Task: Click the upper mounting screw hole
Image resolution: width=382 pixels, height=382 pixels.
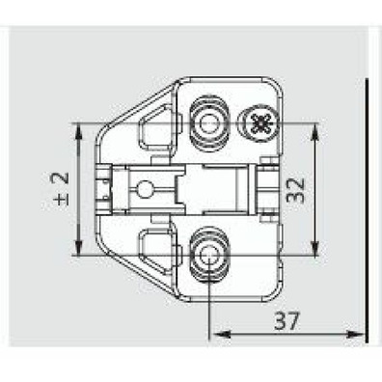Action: (207, 123)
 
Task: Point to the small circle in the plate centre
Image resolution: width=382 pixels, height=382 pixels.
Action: (147, 190)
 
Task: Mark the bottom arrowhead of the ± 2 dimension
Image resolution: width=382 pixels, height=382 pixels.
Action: (77, 250)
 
